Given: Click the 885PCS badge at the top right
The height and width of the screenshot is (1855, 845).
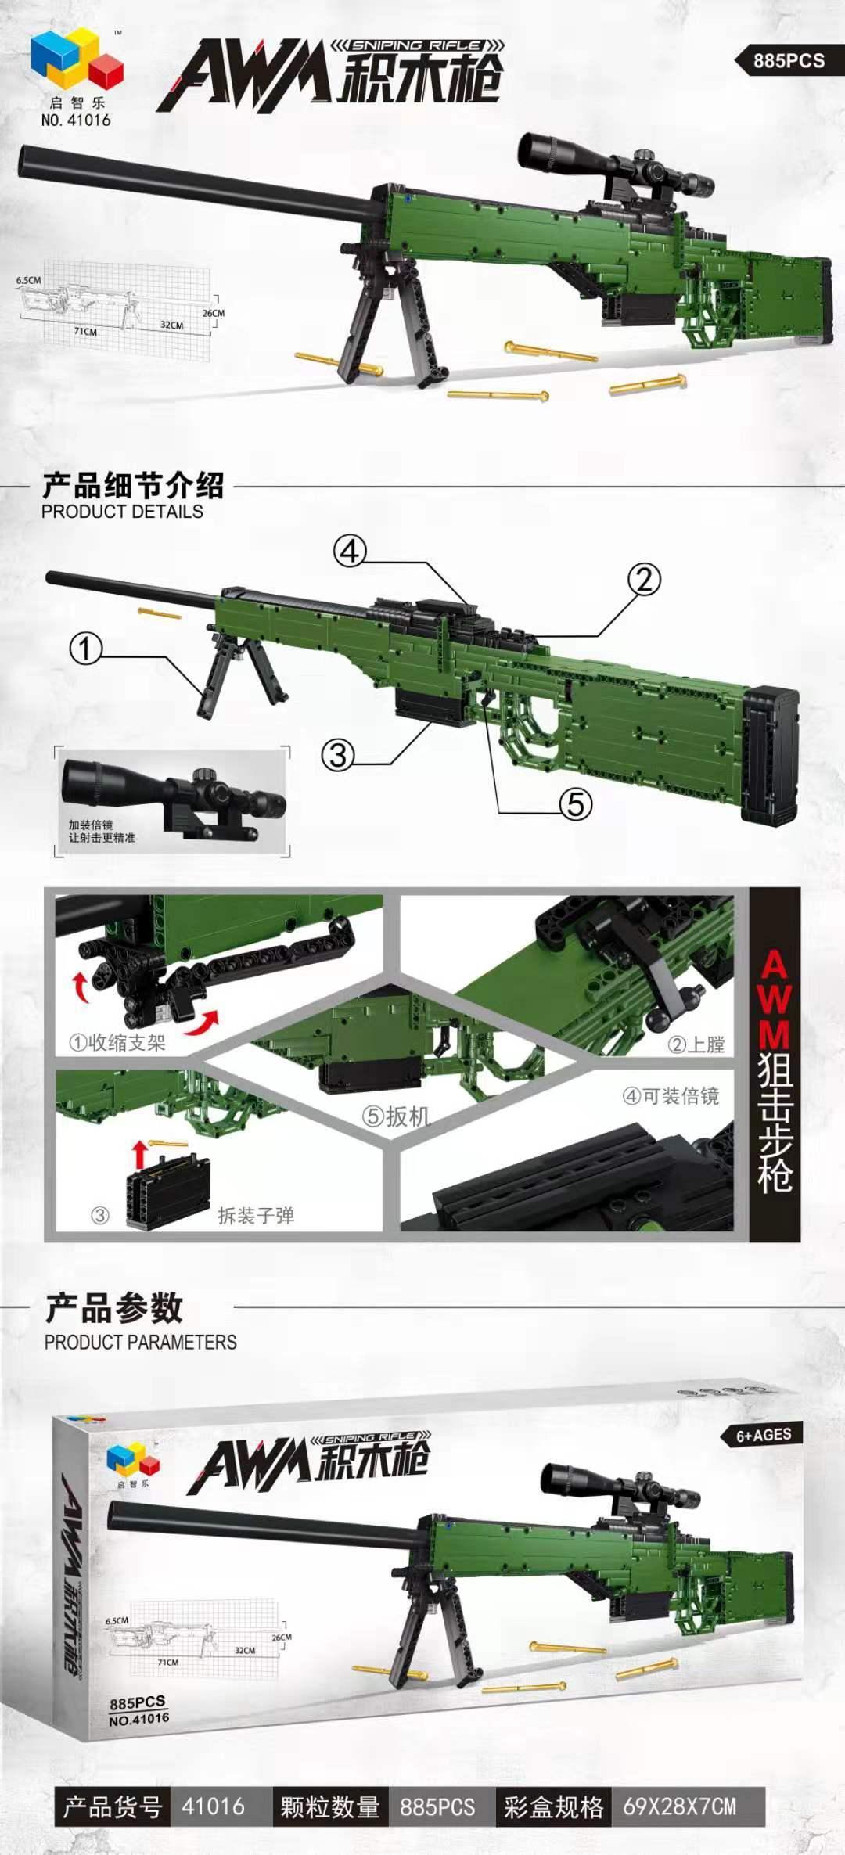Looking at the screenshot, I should (x=788, y=60).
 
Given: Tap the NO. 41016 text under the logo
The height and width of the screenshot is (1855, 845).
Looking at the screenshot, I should (x=76, y=120).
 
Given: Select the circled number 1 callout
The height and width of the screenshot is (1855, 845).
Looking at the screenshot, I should (x=86, y=649).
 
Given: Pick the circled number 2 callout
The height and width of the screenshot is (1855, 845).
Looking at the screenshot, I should (x=644, y=580).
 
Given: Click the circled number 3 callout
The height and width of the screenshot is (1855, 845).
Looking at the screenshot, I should (x=338, y=755).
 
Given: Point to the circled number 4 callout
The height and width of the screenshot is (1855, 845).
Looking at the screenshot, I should (x=350, y=552).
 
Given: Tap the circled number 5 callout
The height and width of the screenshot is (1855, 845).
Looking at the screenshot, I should (x=575, y=804).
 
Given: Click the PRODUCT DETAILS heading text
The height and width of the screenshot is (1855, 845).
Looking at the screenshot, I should (x=122, y=512).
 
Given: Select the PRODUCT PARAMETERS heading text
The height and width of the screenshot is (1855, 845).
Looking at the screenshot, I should (x=140, y=1343).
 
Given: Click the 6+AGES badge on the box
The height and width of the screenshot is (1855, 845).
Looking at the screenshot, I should (x=764, y=1435).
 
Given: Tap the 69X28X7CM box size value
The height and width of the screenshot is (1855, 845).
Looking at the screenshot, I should (x=679, y=1807).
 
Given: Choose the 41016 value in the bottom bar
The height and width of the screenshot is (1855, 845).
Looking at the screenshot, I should (x=213, y=1807).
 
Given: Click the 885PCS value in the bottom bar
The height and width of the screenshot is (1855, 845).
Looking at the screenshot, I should (x=437, y=1807).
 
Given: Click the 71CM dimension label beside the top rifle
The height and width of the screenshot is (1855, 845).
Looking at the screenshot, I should (x=85, y=332).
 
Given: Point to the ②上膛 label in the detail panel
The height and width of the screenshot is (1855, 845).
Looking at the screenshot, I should (x=696, y=1044).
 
